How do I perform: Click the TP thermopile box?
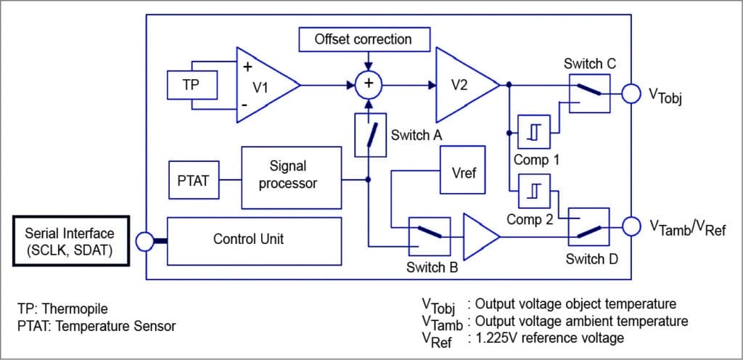pos(190,85)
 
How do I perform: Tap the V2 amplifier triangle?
pos(463,85)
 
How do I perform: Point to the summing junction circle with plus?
pos(369,85)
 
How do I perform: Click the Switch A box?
pos(369,135)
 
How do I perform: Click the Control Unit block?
pos(254,238)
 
